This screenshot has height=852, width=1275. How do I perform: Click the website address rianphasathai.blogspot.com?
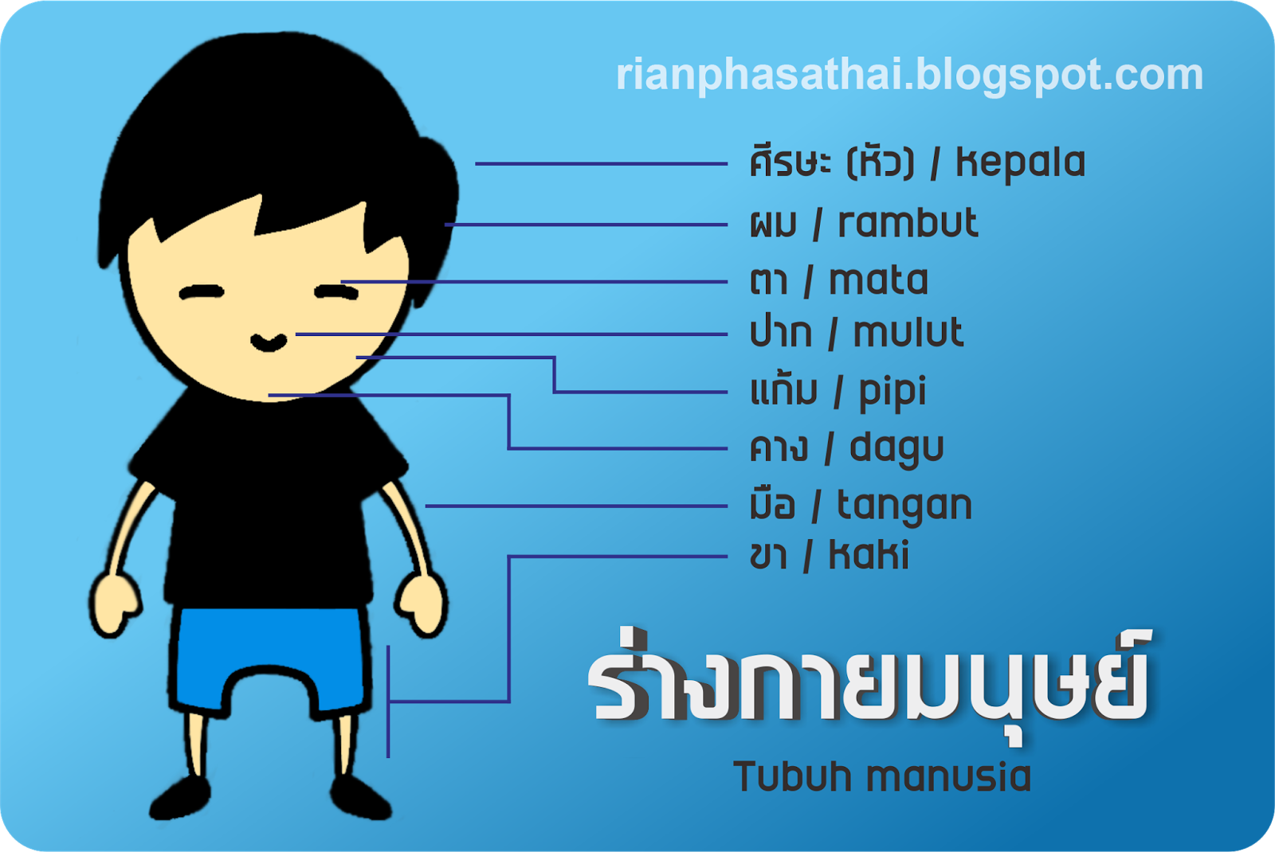909,76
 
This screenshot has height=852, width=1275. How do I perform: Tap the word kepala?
1021,164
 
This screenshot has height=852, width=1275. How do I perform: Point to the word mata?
878,279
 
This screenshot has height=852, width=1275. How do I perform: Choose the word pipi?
892,393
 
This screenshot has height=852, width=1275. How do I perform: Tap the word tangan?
904,506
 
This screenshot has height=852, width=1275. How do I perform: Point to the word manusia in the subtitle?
948,776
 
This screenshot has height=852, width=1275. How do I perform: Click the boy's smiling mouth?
269,342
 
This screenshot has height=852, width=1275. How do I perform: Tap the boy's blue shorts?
270,660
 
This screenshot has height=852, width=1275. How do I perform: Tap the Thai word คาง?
778,447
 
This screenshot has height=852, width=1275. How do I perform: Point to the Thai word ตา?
769,281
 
